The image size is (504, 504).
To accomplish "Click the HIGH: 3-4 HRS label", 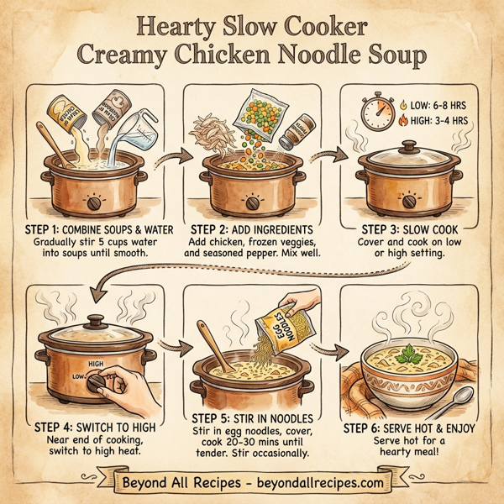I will tap(438, 123).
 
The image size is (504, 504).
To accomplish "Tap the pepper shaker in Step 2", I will tap(297, 132).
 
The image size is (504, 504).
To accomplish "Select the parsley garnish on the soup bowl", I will tap(410, 356).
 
